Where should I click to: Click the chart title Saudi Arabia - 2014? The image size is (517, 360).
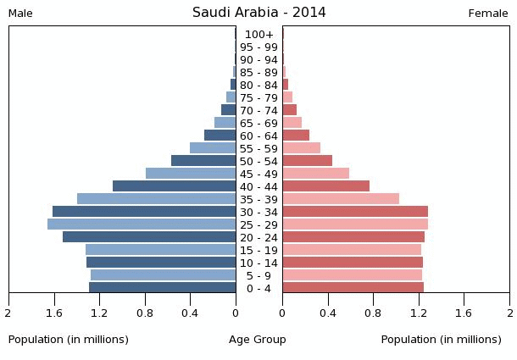point(258,13)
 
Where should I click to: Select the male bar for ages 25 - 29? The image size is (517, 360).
point(142,224)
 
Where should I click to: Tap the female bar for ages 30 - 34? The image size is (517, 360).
point(355,212)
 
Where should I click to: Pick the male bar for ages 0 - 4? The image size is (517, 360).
point(162,288)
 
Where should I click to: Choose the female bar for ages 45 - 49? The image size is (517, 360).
point(316,174)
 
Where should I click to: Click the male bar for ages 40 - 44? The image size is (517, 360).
point(174,186)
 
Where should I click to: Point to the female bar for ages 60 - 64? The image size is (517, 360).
point(296,136)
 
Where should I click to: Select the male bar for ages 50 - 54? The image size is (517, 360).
point(203,161)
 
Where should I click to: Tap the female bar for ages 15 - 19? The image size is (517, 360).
point(352,250)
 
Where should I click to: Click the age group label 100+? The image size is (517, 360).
point(258,35)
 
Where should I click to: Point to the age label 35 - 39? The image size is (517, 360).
point(258,199)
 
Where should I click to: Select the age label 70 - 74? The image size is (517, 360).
point(258,110)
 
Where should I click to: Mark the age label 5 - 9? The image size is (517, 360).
point(258,275)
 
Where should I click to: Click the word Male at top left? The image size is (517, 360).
point(20,14)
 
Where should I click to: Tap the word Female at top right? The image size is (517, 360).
point(488,14)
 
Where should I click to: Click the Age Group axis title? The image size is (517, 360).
point(258,340)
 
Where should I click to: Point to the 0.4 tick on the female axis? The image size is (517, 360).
point(328,313)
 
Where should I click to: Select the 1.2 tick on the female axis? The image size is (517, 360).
point(419,313)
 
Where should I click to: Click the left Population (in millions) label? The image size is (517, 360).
point(69,340)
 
